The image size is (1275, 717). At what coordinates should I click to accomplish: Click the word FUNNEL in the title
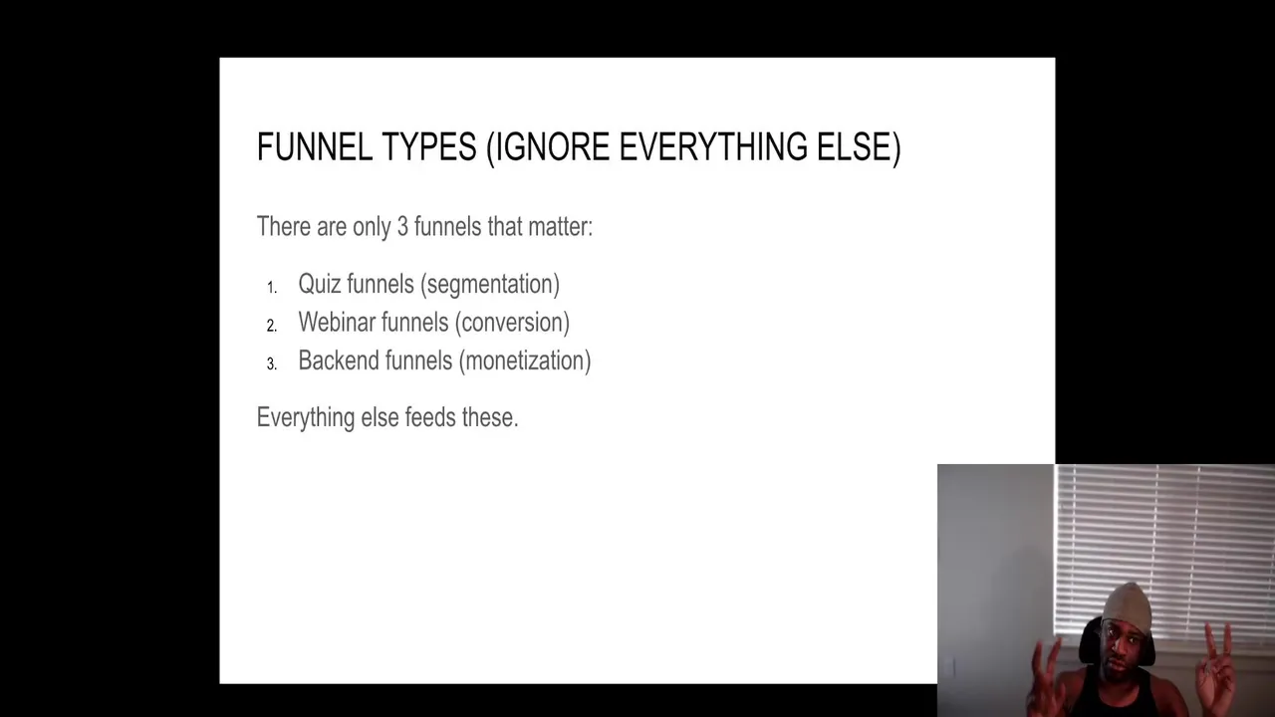[x=315, y=146]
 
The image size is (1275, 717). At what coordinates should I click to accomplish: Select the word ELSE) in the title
[x=859, y=147]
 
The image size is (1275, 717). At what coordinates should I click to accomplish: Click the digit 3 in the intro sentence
[x=402, y=226]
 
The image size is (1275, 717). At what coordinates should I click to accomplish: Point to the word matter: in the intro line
[x=561, y=226]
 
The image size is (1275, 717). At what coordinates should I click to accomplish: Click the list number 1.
[x=272, y=288]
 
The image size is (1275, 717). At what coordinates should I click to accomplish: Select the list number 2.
[x=272, y=326]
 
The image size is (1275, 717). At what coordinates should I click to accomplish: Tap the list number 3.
[x=272, y=364]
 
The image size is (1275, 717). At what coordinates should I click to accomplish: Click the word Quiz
[x=320, y=284]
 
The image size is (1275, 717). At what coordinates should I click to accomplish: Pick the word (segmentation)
[x=490, y=284]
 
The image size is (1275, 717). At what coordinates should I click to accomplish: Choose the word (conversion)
[x=512, y=322]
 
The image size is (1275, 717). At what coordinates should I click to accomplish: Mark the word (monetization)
[x=525, y=360]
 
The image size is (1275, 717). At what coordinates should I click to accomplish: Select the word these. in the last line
[x=490, y=417]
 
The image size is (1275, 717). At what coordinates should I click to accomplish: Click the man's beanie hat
[x=1127, y=603]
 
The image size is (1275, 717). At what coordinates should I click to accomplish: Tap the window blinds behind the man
[x=1164, y=548]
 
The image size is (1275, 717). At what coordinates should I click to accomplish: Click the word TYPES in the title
[x=429, y=146]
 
